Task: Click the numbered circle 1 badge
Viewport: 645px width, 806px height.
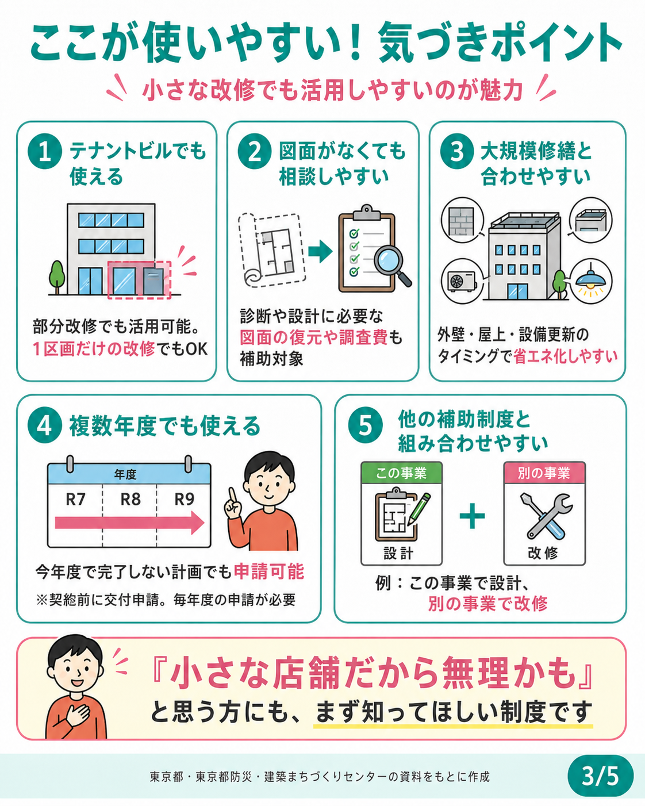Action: tap(45, 152)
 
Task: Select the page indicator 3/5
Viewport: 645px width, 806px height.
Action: tap(600, 776)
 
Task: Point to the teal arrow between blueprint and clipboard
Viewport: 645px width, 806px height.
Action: tap(320, 251)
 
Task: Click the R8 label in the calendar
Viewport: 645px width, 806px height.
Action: tap(130, 500)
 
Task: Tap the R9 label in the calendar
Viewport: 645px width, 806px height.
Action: tap(185, 500)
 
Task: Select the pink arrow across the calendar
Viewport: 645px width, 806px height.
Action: tap(129, 523)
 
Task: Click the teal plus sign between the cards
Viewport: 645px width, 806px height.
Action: tap(472, 516)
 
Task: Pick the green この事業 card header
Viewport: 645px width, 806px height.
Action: tap(401, 473)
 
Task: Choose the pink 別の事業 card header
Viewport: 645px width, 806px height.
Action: tap(544, 473)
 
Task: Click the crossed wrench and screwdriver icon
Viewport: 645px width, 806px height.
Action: tap(546, 516)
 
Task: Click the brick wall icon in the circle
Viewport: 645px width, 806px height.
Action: tap(463, 221)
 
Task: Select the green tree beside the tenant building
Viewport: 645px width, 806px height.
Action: tap(57, 277)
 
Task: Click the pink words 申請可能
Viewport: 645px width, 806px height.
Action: tap(269, 571)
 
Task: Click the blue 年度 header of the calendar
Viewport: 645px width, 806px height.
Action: tap(129, 474)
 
